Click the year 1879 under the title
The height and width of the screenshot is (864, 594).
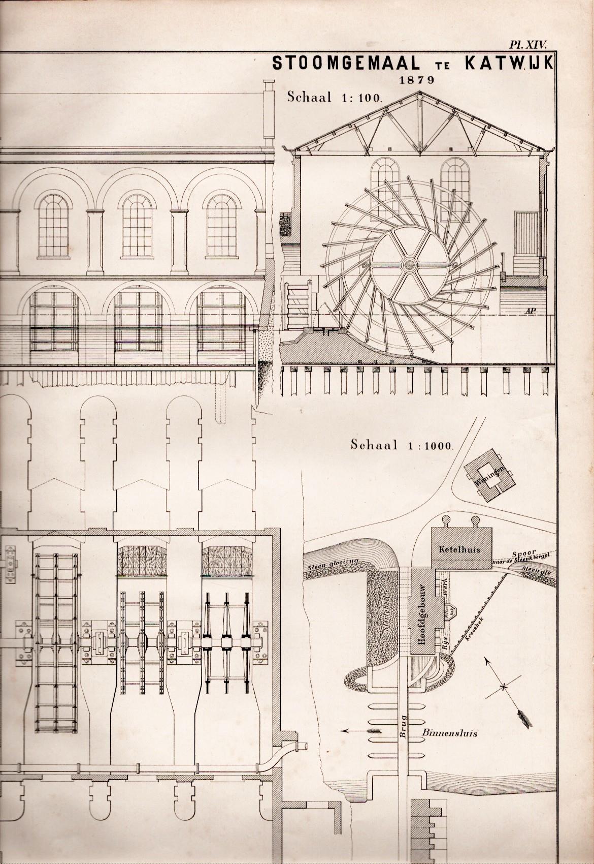[x=416, y=80]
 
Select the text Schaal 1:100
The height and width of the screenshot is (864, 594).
[x=334, y=97]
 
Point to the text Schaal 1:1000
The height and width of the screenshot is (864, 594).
[x=402, y=445]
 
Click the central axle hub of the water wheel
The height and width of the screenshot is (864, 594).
[x=409, y=264]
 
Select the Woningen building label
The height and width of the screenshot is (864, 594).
[x=489, y=478]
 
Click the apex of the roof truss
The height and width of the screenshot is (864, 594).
[x=419, y=93]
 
